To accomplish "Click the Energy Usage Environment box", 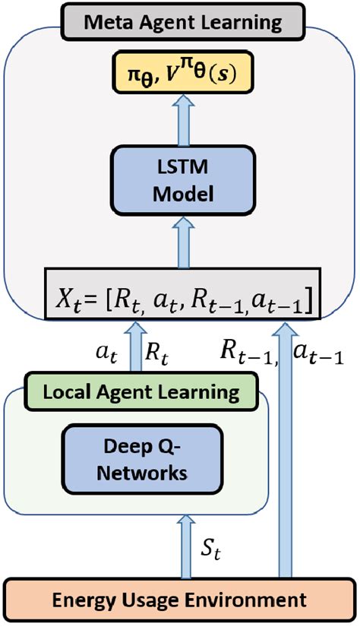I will [x=180, y=600].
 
